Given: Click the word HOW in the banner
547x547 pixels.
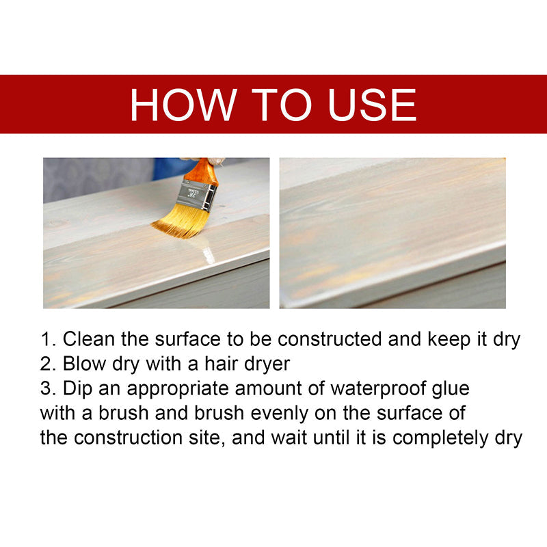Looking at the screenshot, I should [x=179, y=105].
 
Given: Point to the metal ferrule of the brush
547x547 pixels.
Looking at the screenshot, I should [x=197, y=194].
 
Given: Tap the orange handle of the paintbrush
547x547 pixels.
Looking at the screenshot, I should [x=205, y=170].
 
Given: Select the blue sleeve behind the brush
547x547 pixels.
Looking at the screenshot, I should [x=168, y=168].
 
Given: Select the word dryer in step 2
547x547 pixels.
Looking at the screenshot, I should [x=266, y=364].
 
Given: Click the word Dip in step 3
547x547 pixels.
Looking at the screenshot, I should [x=76, y=388].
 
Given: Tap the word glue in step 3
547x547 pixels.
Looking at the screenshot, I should [x=450, y=388].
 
